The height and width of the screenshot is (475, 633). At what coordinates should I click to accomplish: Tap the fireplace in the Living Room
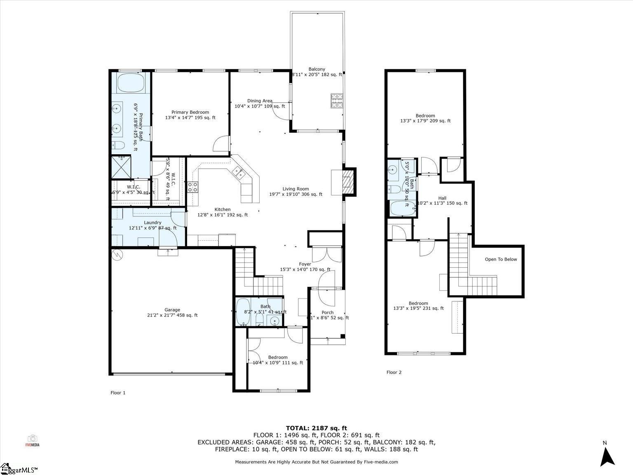(348, 181)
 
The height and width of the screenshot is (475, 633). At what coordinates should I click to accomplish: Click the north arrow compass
(607, 456)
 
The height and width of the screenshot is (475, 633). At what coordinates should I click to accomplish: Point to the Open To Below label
(501, 259)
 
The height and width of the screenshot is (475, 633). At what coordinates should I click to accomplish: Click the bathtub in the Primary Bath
(131, 84)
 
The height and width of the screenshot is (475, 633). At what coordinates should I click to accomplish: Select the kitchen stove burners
(193, 187)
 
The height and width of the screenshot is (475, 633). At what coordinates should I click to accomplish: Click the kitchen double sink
(239, 174)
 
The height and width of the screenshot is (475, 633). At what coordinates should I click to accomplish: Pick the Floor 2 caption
(394, 372)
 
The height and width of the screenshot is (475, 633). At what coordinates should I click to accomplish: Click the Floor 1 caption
(118, 393)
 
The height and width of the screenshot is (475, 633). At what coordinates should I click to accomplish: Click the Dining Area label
(260, 101)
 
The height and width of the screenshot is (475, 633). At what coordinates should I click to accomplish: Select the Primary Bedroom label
(190, 112)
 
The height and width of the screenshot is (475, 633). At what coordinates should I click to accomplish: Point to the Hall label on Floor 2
(442, 198)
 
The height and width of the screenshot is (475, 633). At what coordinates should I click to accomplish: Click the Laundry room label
(152, 223)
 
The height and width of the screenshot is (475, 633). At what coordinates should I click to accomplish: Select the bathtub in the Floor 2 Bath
(399, 209)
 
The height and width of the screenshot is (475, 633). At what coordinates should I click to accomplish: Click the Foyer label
(305, 264)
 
